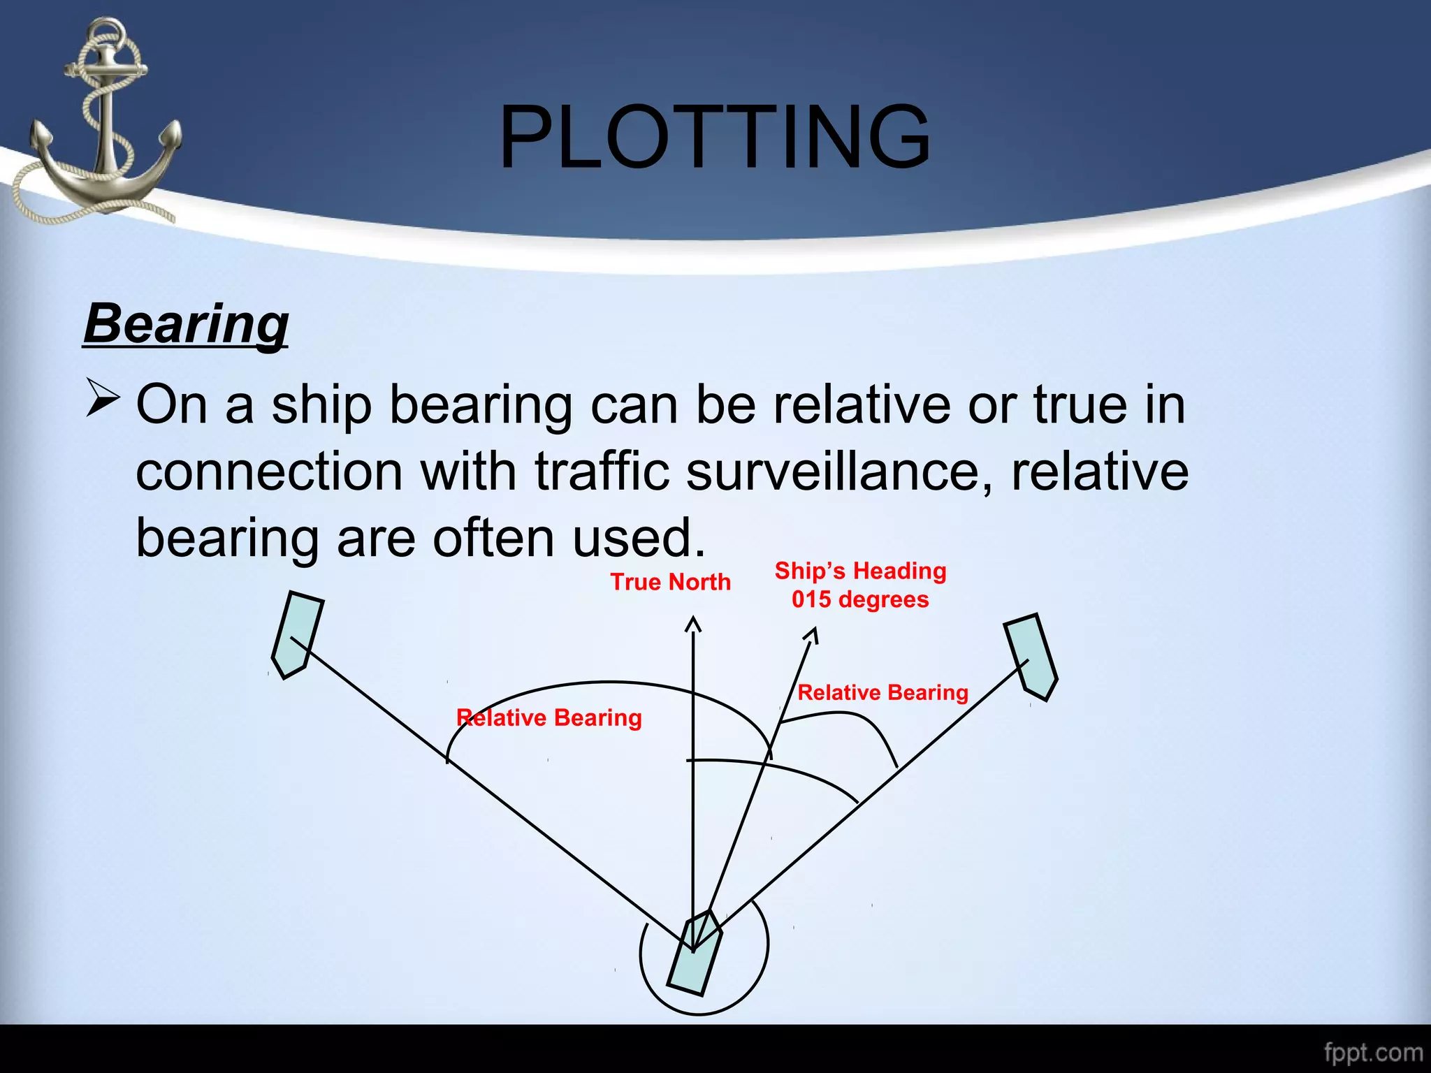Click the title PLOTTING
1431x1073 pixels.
point(715,137)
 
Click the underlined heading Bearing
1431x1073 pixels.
point(186,324)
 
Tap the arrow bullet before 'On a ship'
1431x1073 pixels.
point(103,398)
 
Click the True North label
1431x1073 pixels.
point(670,582)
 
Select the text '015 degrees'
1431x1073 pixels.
point(860,599)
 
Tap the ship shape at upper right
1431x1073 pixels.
point(1031,657)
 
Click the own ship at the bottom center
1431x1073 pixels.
point(695,953)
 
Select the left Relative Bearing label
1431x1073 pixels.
point(549,718)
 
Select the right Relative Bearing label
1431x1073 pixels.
point(882,692)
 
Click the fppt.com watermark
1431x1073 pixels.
point(1372,1052)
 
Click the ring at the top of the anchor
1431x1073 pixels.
point(108,31)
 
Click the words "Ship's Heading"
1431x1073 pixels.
point(860,571)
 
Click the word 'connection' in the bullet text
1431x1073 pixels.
point(269,472)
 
